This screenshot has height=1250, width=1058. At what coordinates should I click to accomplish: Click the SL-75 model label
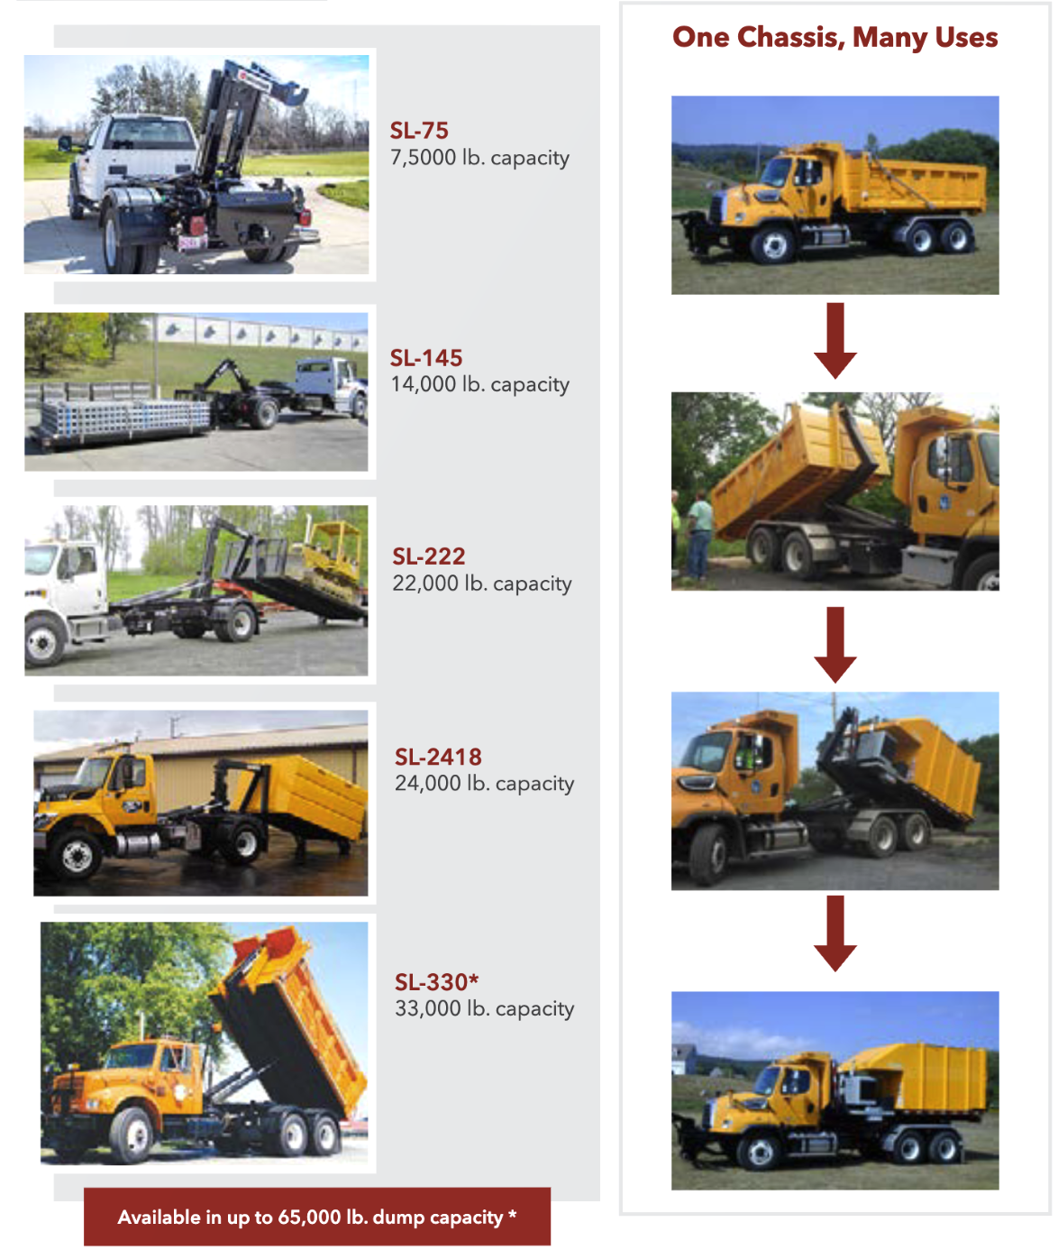tap(419, 131)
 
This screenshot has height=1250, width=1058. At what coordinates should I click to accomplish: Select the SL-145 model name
tap(426, 358)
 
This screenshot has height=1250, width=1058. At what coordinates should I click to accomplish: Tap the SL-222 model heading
tap(428, 556)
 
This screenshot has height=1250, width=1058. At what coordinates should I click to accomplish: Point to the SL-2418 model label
tap(438, 757)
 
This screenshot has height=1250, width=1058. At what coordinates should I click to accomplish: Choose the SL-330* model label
tap(436, 982)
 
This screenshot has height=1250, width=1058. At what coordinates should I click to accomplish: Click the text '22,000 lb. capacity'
tap(481, 584)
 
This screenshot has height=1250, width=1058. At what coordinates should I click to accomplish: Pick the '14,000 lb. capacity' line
tap(479, 384)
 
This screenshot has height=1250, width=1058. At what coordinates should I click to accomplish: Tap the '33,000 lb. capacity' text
tap(484, 1008)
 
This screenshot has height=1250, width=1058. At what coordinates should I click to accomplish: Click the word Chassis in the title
tap(790, 38)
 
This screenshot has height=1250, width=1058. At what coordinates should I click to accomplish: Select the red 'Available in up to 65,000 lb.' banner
tap(316, 1216)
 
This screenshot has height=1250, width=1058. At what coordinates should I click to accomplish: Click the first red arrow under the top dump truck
tap(835, 341)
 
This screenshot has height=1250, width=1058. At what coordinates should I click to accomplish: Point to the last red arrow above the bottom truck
tap(835, 933)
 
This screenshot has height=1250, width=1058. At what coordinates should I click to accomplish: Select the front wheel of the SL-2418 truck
tap(77, 854)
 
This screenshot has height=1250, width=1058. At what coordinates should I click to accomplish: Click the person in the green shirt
tap(699, 536)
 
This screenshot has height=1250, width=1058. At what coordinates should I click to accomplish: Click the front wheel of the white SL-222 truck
tap(42, 640)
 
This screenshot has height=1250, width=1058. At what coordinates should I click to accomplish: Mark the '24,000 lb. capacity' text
tap(484, 784)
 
